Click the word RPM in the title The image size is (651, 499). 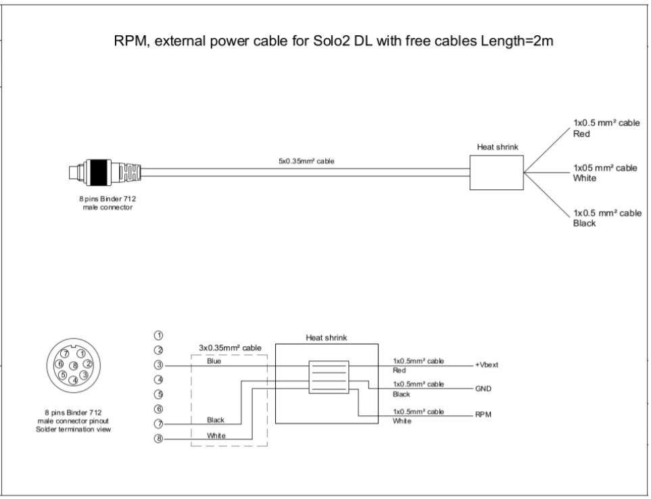click(x=133, y=43)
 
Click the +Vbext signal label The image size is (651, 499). click(x=486, y=365)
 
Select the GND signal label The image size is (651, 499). click(x=484, y=389)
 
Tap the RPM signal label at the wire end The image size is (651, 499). click(x=483, y=414)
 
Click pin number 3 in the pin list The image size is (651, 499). click(x=160, y=365)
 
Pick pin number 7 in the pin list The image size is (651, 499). click(x=160, y=424)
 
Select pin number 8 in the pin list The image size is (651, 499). click(x=160, y=439)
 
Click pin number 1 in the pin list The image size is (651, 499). click(x=160, y=335)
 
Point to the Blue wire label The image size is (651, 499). click(x=214, y=361)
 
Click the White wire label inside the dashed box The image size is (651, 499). click(x=216, y=435)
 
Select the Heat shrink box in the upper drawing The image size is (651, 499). click(x=497, y=172)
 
